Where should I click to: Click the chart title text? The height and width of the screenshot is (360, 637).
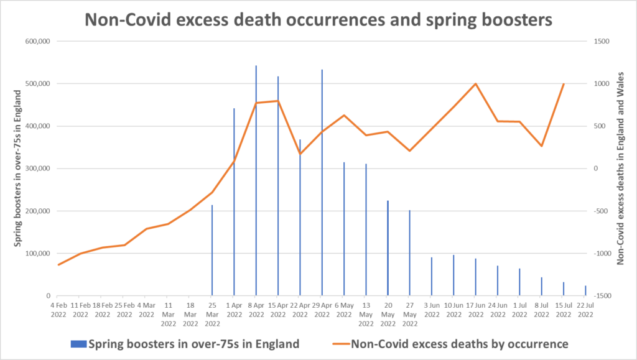tap(318, 19)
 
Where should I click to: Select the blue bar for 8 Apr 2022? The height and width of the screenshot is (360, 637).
tap(256, 187)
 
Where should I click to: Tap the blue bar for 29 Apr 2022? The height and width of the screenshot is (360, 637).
tap(322, 187)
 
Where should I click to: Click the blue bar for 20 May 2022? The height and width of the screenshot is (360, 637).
tap(388, 249)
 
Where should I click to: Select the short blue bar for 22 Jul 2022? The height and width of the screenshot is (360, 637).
tap(585, 291)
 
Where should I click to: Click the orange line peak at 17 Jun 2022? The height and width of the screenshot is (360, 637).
tap(476, 83)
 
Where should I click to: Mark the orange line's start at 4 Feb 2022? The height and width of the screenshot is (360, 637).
tap(58, 265)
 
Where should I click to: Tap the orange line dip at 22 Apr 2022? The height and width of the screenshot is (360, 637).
tap(300, 154)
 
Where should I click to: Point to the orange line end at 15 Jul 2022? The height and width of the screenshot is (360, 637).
tap(564, 83)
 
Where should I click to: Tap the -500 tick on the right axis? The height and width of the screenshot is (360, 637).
tap(601, 211)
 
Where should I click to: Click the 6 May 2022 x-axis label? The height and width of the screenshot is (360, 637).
tap(344, 310)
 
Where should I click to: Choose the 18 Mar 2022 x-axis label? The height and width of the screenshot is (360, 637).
tap(190, 310)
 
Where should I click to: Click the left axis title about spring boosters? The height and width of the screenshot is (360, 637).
tap(19, 168)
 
